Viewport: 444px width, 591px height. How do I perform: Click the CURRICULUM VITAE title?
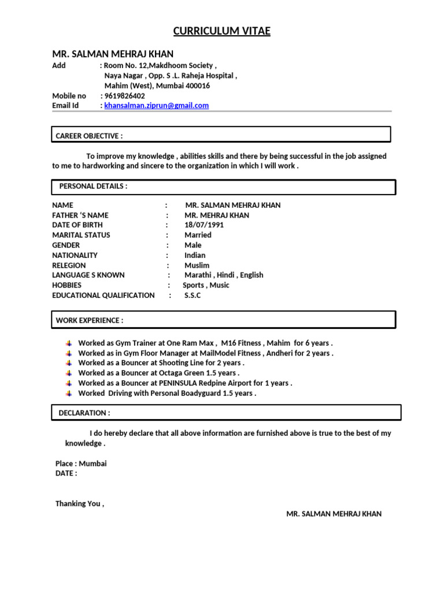tap(222, 31)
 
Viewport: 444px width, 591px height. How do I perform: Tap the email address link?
tap(156, 106)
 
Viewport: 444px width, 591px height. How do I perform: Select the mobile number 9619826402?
tap(124, 96)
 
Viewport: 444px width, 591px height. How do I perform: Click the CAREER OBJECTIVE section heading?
tap(89, 136)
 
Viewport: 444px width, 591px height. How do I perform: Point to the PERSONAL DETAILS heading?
tap(93, 186)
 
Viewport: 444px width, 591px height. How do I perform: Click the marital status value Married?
tap(198, 235)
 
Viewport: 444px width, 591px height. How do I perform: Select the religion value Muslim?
tap(197, 265)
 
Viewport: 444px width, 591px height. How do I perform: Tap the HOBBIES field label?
tap(67, 285)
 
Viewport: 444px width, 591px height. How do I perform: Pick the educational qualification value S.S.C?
tap(193, 295)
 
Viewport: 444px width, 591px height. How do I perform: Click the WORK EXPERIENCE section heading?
tap(90, 320)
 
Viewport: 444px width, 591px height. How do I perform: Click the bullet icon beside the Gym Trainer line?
tap(69, 343)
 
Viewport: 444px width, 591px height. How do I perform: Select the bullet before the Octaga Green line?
tap(69, 373)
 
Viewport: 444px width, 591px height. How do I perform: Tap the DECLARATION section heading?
tap(84, 413)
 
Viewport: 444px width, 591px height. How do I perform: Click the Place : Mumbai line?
tap(81, 463)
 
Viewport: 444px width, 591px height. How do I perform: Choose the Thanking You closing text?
tap(80, 503)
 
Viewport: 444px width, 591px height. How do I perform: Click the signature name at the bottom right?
tap(334, 514)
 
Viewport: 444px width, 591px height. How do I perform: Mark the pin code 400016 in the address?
tap(197, 86)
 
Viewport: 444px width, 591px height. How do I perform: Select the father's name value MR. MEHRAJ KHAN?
tap(217, 215)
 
